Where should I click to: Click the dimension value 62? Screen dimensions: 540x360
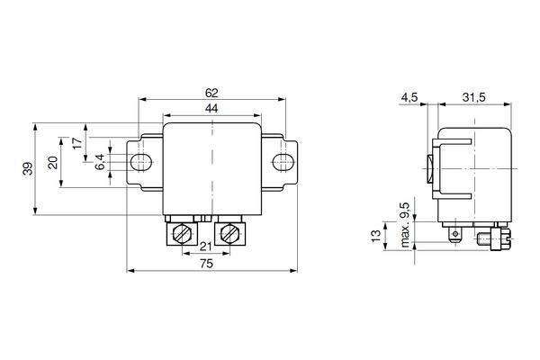tap(211, 93)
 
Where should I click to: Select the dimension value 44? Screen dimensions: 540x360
tap(211, 109)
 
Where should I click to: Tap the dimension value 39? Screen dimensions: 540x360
tap(28, 168)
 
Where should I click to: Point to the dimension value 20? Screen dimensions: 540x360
tap(53, 162)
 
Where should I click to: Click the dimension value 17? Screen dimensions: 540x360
tap(78, 142)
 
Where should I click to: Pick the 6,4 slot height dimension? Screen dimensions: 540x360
tap(100, 162)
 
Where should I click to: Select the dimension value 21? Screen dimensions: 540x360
tap(205, 247)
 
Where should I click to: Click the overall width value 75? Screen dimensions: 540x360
tap(206, 264)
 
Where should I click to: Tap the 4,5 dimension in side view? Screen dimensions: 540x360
tap(409, 97)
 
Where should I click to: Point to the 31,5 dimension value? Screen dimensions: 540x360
tap(474, 97)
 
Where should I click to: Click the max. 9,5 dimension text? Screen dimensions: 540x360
tap(406, 225)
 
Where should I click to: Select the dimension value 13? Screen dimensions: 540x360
tap(376, 236)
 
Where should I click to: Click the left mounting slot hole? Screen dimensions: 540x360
tap(141, 162)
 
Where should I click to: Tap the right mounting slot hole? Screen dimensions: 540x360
tap(283, 162)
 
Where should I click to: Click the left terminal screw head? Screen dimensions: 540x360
tap(182, 234)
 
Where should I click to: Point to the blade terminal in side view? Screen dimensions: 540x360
tap(454, 234)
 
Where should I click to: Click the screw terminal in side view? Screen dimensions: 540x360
tap(496, 238)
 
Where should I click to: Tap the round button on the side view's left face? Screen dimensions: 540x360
tap(430, 169)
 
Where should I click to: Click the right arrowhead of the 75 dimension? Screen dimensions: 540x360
tap(293, 271)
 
